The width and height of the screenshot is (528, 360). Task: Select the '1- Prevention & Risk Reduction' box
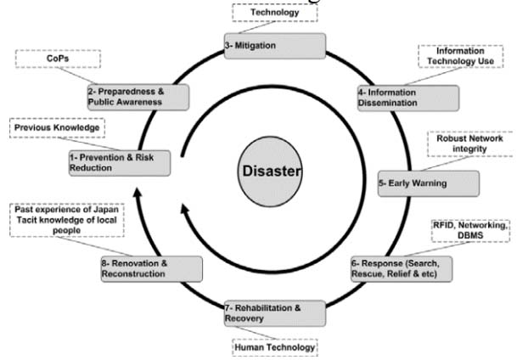click(x=118, y=162)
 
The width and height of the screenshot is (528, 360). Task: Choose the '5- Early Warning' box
click(x=427, y=183)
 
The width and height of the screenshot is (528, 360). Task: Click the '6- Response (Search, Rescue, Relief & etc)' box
click(x=401, y=268)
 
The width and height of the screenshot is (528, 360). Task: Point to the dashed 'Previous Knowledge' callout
click(x=58, y=128)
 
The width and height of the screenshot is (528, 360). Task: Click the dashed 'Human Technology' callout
click(x=274, y=346)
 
